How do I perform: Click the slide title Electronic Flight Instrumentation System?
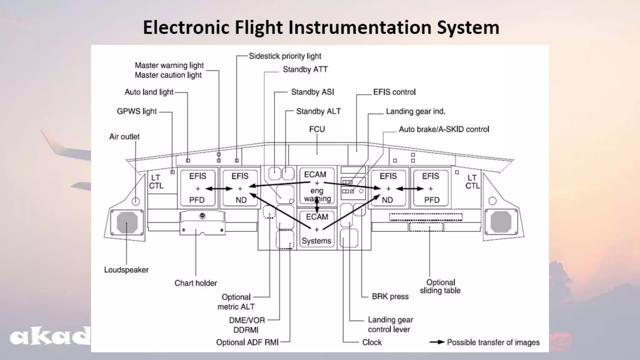pyautogui.click(x=321, y=27)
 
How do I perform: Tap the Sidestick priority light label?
pyautogui.click(x=285, y=56)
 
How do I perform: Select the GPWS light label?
pyautogui.click(x=137, y=112)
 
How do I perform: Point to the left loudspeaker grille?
pyautogui.click(x=127, y=222)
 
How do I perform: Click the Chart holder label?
pyautogui.click(x=196, y=283)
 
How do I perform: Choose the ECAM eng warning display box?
pyautogui.click(x=317, y=187)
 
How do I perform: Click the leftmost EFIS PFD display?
pyautogui.click(x=197, y=188)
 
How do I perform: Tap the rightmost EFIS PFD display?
pyautogui.click(x=431, y=188)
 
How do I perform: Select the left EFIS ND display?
pyautogui.click(x=240, y=188)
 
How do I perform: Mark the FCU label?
pyautogui.click(x=317, y=129)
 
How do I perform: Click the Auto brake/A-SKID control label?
pyautogui.click(x=444, y=129)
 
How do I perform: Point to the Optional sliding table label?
pyautogui.click(x=440, y=287)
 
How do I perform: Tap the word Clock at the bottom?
pyautogui.click(x=372, y=342)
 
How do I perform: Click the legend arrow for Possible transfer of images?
pyautogui.click(x=437, y=342)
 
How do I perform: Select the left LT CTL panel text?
pyautogui.click(x=156, y=182)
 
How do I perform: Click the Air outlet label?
pyautogui.click(x=124, y=137)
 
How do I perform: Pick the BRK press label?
pyautogui.click(x=390, y=297)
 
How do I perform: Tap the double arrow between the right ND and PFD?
pyautogui.click(x=410, y=189)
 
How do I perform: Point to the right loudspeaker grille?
pyautogui.click(x=501, y=222)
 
